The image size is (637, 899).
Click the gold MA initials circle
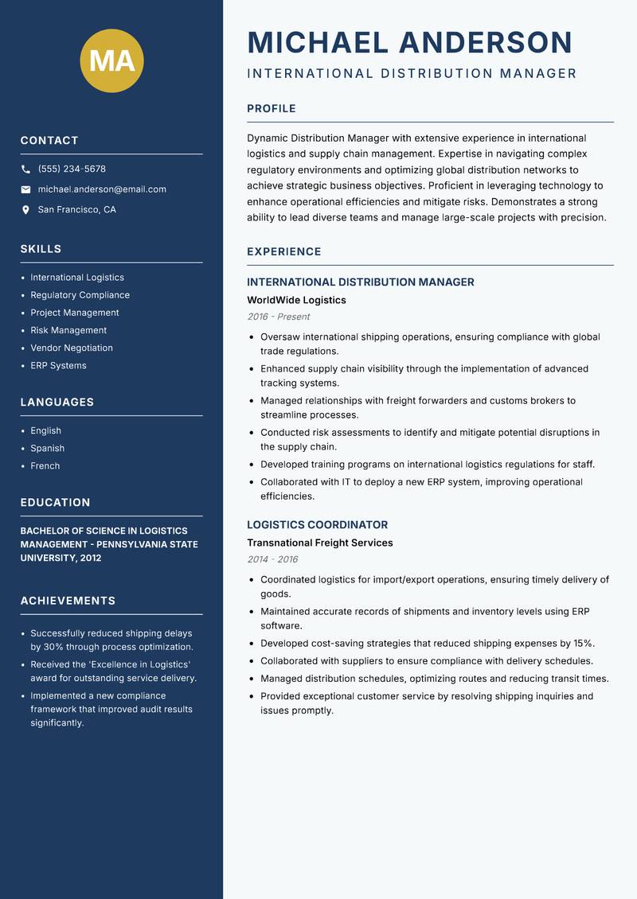tap(111, 60)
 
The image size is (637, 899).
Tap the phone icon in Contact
tap(25, 169)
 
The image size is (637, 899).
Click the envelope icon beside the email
tap(25, 189)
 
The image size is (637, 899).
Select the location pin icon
tap(25, 210)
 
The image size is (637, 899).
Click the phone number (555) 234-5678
tap(72, 169)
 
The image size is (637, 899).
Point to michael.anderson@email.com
tap(102, 189)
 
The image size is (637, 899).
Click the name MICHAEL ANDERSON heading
tap(410, 42)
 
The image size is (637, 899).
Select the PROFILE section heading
tap(272, 109)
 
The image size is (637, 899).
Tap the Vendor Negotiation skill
tap(72, 348)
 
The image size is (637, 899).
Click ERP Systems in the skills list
tap(58, 365)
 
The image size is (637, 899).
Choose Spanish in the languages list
tap(47, 448)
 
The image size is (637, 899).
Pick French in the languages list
tap(45, 465)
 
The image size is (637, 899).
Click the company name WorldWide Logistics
tap(296, 300)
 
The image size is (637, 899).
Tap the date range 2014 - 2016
tap(272, 559)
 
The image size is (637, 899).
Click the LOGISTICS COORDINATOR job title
tap(317, 525)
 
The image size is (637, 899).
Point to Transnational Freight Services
tap(320, 543)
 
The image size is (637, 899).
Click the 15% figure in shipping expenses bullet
tap(584, 643)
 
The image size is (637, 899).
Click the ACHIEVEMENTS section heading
tap(68, 601)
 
